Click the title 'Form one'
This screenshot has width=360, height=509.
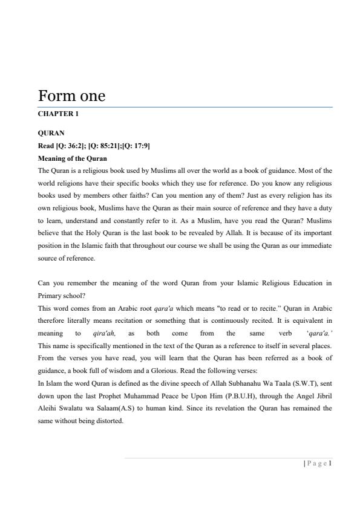[71, 96]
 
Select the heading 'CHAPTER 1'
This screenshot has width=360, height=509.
[58, 113]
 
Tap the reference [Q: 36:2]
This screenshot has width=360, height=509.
[71, 146]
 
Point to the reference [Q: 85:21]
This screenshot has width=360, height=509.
[106, 146]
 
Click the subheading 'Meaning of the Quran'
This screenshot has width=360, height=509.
[72, 158]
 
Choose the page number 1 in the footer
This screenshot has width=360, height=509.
[331, 464]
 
